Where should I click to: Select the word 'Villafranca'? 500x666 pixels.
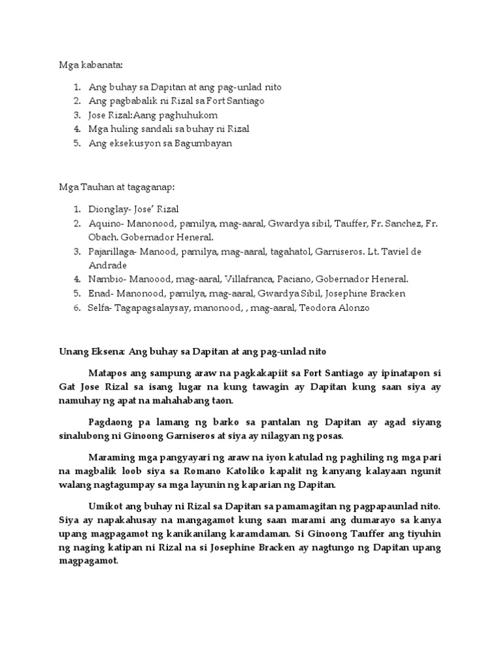pos(251,280)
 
